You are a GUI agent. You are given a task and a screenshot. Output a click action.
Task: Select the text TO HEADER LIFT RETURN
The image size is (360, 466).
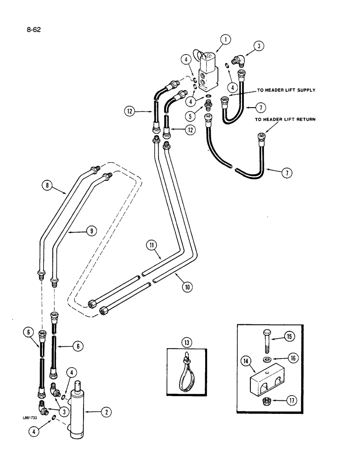[285, 120]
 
